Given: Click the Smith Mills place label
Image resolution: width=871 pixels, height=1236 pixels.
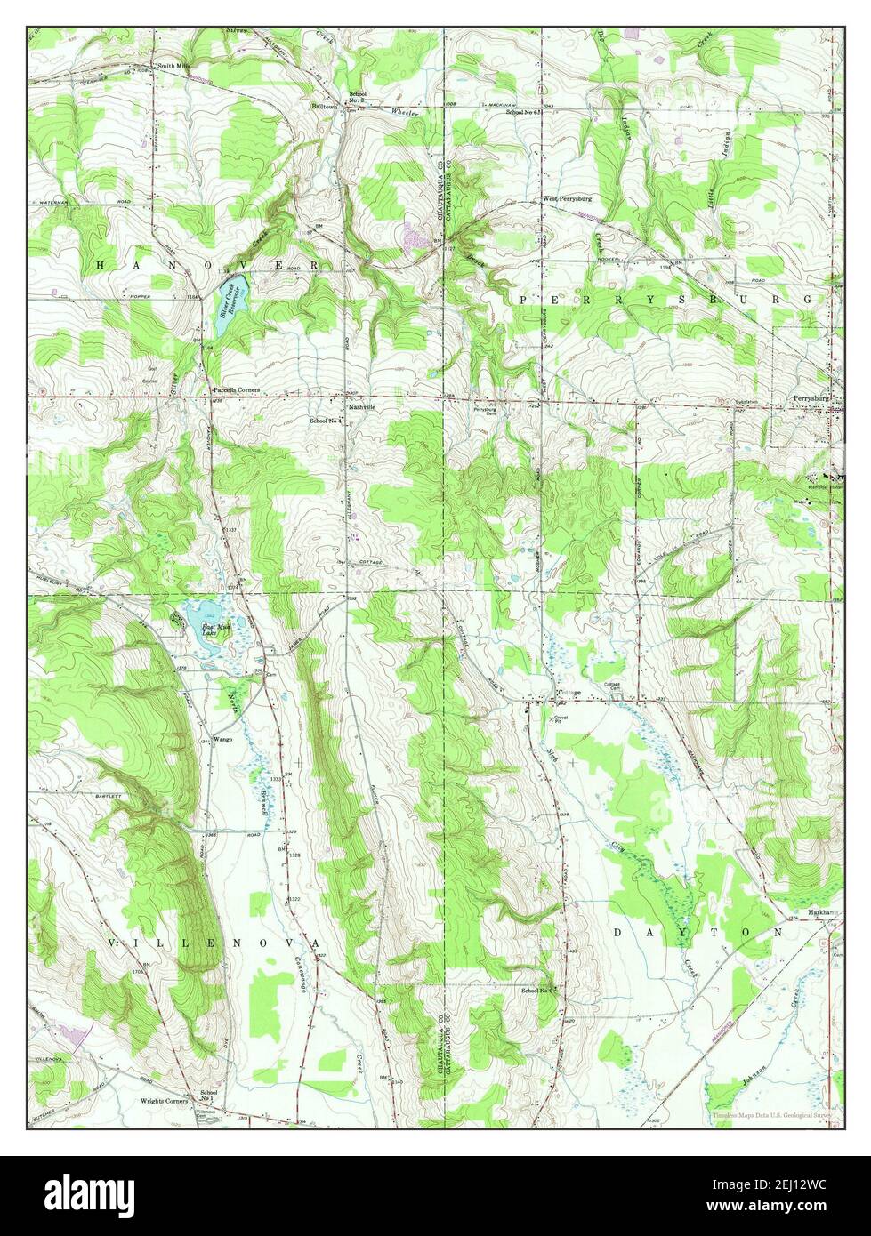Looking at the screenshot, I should (x=175, y=66).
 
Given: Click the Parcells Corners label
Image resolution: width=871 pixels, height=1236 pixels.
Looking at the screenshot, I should (x=236, y=390).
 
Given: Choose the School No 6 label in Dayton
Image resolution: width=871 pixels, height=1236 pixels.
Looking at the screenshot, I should (x=538, y=990).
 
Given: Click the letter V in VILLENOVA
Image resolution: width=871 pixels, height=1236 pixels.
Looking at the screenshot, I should (x=113, y=941).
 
